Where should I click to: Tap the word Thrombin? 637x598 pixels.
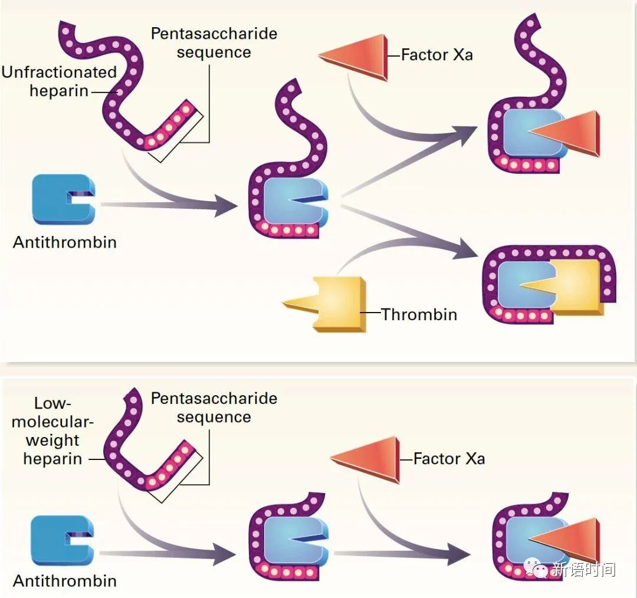(x=419, y=314)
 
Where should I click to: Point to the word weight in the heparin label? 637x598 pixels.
(x=52, y=440)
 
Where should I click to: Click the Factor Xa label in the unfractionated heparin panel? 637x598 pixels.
(x=436, y=55)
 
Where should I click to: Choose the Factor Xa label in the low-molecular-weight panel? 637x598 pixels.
(x=449, y=459)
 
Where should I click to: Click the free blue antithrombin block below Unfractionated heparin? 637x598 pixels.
(x=61, y=199)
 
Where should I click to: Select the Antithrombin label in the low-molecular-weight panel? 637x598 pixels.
(x=65, y=581)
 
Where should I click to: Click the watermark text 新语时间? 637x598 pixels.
(x=583, y=569)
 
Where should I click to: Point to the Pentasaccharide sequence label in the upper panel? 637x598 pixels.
(x=214, y=42)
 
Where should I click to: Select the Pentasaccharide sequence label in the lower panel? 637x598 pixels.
(x=214, y=408)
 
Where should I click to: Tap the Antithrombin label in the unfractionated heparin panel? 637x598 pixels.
(x=65, y=242)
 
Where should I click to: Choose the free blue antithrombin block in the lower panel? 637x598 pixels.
(x=61, y=540)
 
